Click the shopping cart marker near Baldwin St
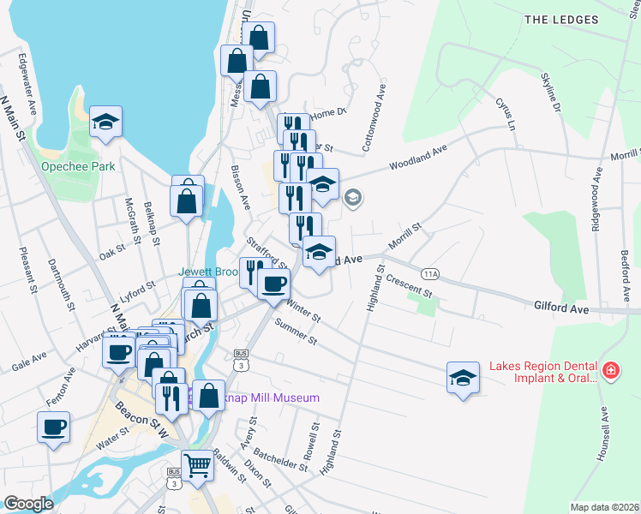(198, 467)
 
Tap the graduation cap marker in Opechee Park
(105, 123)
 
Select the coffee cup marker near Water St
(53, 427)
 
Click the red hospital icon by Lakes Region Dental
(610, 371)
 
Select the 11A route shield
(430, 273)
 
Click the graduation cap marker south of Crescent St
(462, 378)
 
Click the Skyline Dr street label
(549, 93)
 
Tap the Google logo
(29, 504)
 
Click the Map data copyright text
(604, 507)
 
